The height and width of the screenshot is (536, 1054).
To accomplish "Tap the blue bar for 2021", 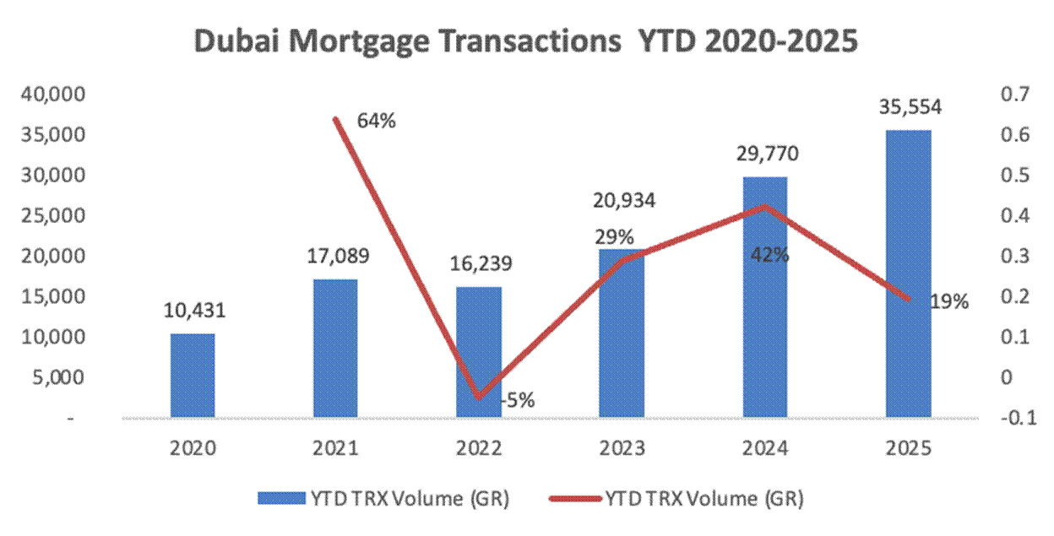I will point(335,348).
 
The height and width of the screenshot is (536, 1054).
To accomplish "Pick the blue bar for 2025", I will point(908,273).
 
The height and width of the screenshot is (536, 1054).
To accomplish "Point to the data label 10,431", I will point(193,311).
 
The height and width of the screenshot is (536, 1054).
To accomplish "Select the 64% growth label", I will point(376,121).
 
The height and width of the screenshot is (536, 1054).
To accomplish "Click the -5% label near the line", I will point(516,400).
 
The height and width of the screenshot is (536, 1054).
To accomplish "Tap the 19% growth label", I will point(950,301).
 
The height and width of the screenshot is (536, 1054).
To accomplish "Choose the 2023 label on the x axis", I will point(622,448).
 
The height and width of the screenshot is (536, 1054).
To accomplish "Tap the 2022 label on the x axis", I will point(478,448).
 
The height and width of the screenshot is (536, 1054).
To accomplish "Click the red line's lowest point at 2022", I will point(479,397).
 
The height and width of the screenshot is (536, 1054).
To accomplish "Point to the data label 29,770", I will point(765,154).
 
